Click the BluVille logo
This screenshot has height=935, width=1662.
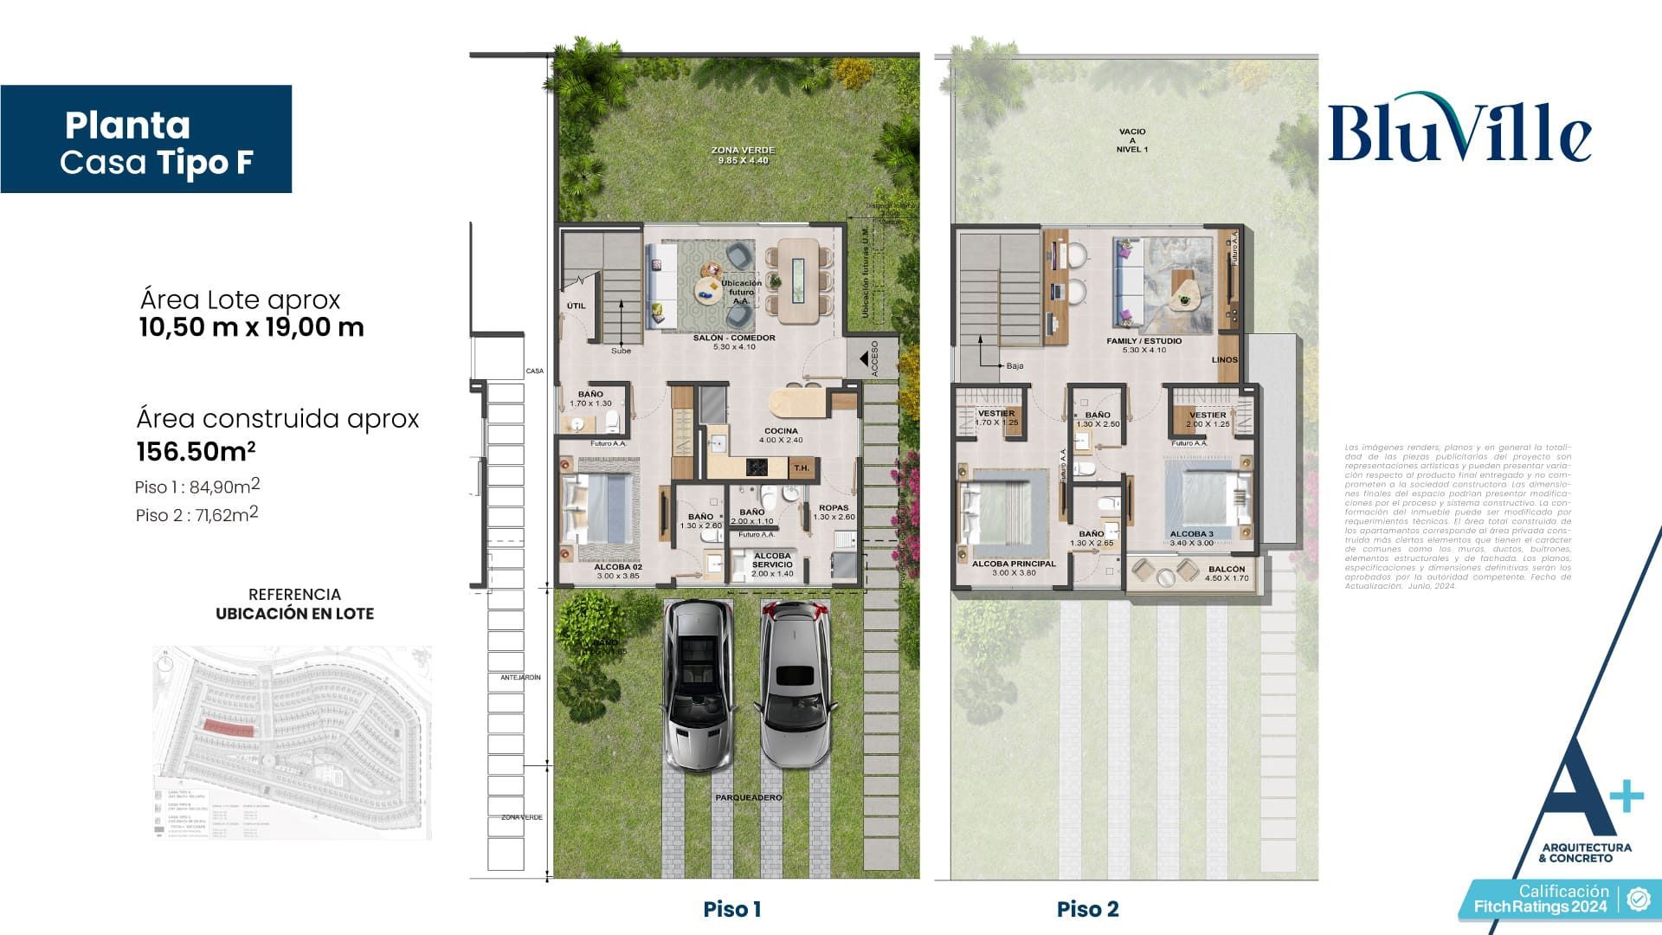(1459, 130)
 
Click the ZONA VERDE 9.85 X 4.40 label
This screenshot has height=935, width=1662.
(743, 155)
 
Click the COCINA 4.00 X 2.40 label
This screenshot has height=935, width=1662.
(781, 435)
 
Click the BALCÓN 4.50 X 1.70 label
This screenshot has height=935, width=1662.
(1227, 573)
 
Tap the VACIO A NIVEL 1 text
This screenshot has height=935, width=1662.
(1131, 140)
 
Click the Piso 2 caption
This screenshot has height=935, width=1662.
(1087, 909)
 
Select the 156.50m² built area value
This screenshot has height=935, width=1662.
(196, 452)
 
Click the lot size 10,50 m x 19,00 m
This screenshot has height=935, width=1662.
(251, 327)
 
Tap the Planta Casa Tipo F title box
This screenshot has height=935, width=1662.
(146, 139)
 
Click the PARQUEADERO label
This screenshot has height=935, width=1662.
(748, 797)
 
